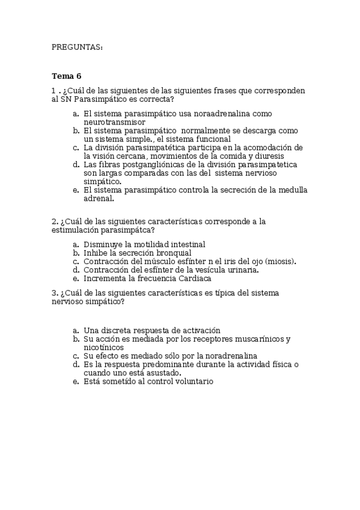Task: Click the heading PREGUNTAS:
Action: [77, 47]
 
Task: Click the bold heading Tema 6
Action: [66, 76]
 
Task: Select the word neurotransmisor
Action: [115, 121]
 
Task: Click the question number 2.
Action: [54, 221]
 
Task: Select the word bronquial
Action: [173, 253]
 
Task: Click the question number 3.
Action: [54, 293]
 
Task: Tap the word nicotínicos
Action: [104, 348]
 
